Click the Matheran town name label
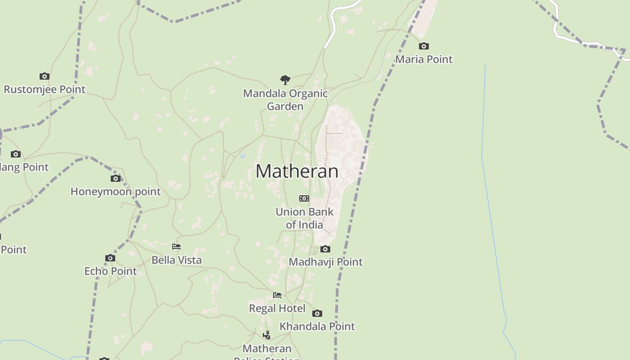point(297,171)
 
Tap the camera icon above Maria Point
point(424,46)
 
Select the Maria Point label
point(424,59)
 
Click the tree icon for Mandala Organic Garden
point(285,80)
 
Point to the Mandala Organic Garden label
point(285,99)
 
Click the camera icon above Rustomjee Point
point(44,76)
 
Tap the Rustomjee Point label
point(45,89)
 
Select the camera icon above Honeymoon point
point(116,178)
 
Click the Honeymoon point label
point(116,191)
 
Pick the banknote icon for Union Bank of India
point(304,198)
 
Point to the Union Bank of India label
point(305,218)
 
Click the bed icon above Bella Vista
point(176,247)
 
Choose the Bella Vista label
point(176,260)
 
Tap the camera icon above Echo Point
point(110,258)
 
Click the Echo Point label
point(111,271)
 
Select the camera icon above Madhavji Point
point(325,249)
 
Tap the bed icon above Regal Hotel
point(277,295)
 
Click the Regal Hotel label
point(277,308)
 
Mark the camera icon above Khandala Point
point(317,313)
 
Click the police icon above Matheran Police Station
point(267,335)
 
